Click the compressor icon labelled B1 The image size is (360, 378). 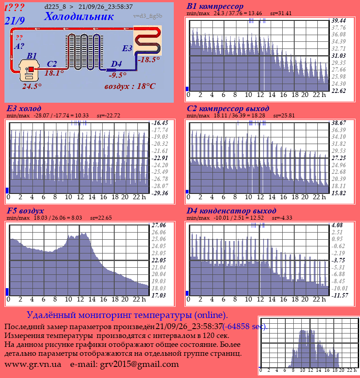29,70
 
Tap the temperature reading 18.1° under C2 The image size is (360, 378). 54,73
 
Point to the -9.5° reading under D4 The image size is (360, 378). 117,75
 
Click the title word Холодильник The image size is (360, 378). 79,16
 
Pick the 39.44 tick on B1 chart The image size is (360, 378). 339,20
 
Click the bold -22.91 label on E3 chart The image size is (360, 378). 159,158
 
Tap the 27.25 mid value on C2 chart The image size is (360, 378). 339,158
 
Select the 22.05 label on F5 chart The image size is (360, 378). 159,260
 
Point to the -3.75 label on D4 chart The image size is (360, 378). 338,260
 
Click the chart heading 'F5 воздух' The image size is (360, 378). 25,211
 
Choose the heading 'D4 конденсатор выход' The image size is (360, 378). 231,211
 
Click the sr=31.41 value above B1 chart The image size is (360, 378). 281,13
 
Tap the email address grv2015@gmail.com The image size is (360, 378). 140,364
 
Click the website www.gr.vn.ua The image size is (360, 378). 33,364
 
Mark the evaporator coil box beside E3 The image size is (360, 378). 148,41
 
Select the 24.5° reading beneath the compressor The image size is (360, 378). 32,86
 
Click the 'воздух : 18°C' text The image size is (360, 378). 130,86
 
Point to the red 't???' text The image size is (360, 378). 15,8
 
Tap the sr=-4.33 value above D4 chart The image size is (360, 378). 282,218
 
